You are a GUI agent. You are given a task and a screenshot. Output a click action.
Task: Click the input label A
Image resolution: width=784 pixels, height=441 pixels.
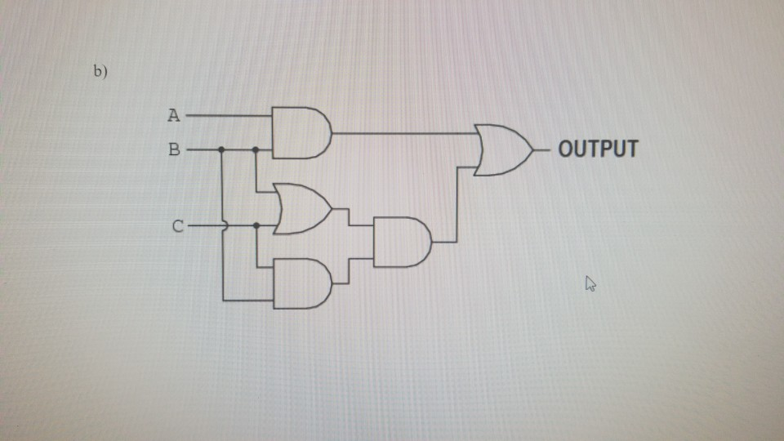[173, 115]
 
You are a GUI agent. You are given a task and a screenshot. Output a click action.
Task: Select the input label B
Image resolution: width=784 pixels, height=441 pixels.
[173, 150]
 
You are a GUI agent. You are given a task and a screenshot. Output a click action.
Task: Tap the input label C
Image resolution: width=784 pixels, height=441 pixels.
[178, 226]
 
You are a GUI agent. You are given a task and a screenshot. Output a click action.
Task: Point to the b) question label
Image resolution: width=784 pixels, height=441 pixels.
[100, 72]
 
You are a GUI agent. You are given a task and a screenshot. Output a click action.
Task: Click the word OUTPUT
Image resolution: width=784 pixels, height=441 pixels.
[597, 149]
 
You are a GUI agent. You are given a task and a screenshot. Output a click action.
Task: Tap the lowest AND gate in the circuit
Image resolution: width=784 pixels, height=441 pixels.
[301, 283]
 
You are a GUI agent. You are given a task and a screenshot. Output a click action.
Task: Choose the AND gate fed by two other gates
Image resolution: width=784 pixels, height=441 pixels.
[401, 242]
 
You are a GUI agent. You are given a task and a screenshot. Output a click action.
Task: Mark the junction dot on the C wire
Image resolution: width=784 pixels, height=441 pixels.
[256, 225]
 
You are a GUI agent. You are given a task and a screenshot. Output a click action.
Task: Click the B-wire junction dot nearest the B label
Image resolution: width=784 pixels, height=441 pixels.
[222, 150]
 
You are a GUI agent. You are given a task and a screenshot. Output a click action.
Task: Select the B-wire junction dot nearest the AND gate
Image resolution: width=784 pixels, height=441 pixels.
[256, 150]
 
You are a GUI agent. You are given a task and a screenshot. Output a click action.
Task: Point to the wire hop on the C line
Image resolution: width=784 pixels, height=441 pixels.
[223, 225]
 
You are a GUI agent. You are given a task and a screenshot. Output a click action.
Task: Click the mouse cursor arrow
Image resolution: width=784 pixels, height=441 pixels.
[590, 283]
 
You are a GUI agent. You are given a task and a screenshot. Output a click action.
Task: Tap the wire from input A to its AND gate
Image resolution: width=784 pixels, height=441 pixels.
[229, 115]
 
